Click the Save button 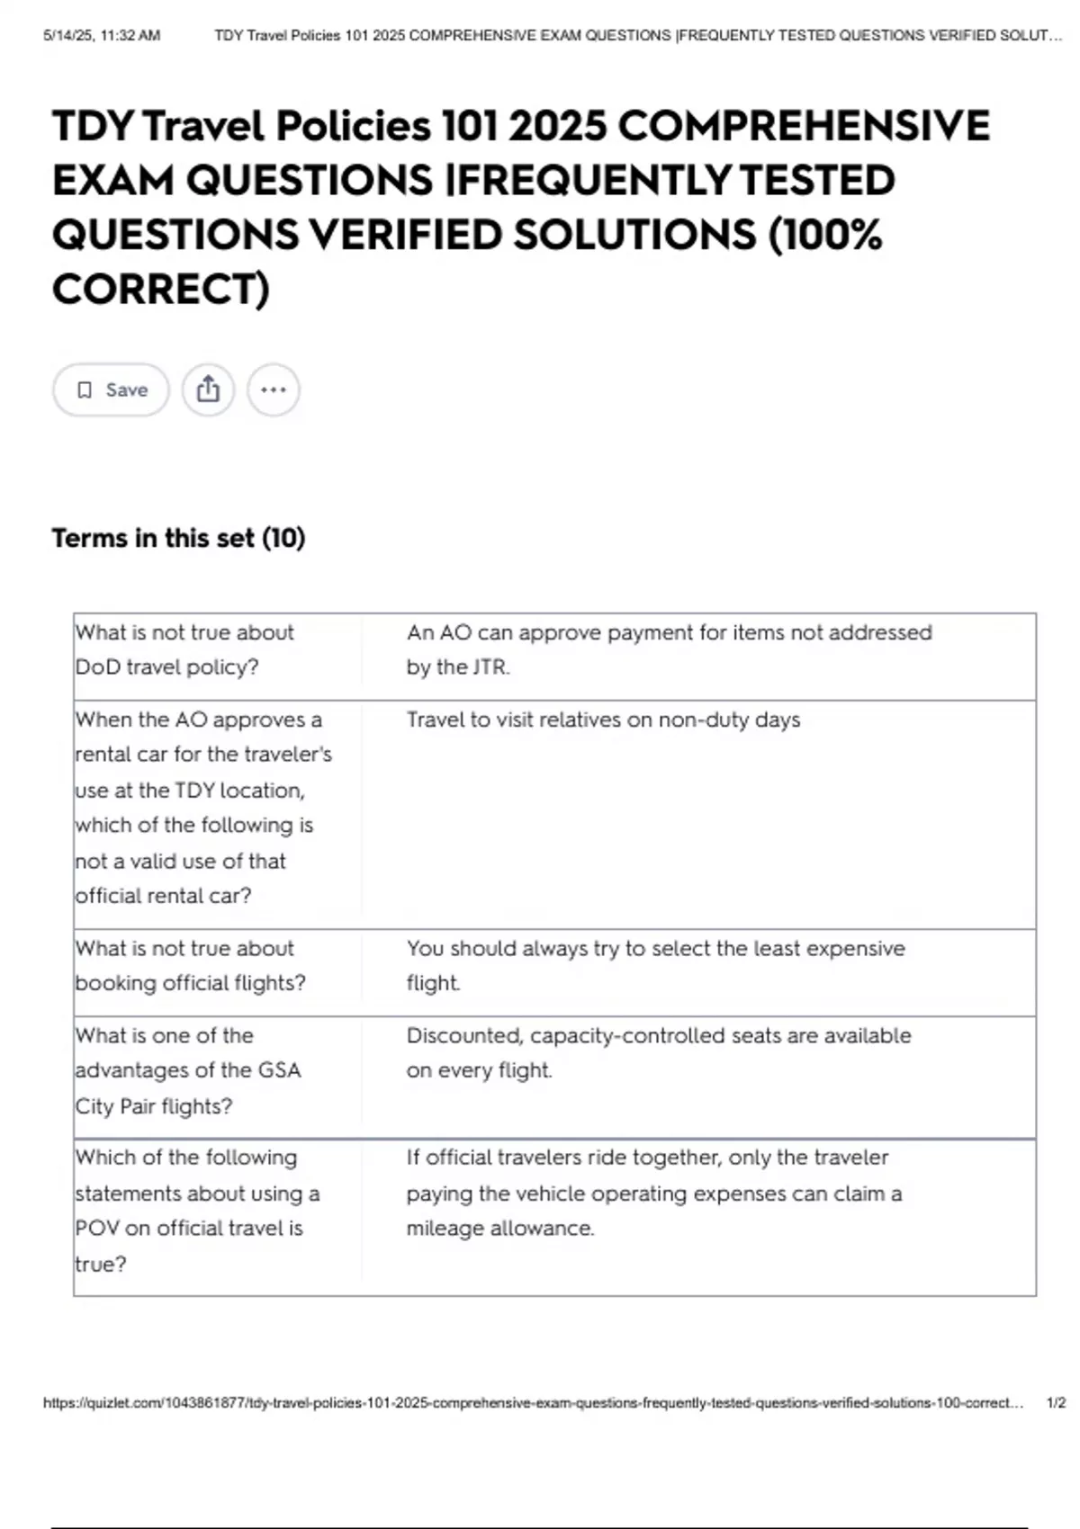point(111,389)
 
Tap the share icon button point(208,389)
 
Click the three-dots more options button point(273,389)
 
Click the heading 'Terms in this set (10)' point(178,538)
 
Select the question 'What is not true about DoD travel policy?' point(184,649)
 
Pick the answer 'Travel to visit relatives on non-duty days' point(603,720)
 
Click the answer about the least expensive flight point(655,965)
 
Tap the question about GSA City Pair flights point(187,1070)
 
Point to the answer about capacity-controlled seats point(658,1052)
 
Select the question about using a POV point(197,1210)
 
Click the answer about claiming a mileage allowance point(653,1193)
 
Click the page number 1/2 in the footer point(1056,1402)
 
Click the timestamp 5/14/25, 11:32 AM point(102,36)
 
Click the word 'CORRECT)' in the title point(161,290)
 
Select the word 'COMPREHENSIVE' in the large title point(804,125)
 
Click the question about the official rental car point(203,807)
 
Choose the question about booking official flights point(190,965)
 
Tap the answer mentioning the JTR point(669,649)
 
